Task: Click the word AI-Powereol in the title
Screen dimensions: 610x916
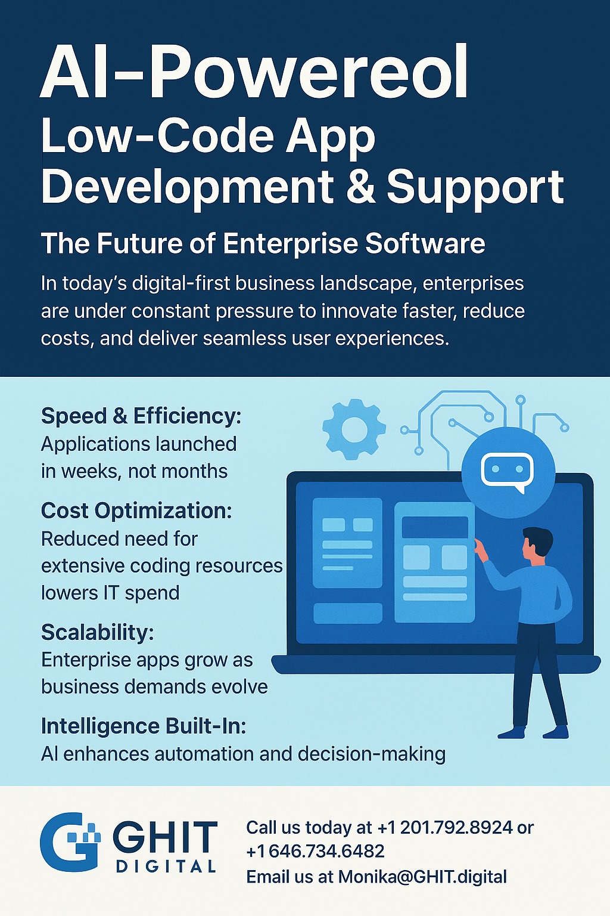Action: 254,72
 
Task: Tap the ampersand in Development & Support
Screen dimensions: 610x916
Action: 360,187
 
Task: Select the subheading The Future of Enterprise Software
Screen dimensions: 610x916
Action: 263,244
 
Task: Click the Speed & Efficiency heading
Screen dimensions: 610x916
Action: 141,416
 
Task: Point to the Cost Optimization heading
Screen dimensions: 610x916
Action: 136,510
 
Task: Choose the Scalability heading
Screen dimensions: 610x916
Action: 98,632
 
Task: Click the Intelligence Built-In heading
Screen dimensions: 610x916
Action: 144,727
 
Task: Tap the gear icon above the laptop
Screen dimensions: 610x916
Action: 354,429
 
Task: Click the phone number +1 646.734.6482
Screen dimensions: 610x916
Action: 315,851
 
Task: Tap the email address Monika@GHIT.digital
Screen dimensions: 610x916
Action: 422,877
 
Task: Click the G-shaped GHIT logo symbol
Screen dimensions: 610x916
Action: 70,842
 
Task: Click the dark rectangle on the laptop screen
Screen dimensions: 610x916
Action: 435,527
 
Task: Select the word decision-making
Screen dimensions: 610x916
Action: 371,754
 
